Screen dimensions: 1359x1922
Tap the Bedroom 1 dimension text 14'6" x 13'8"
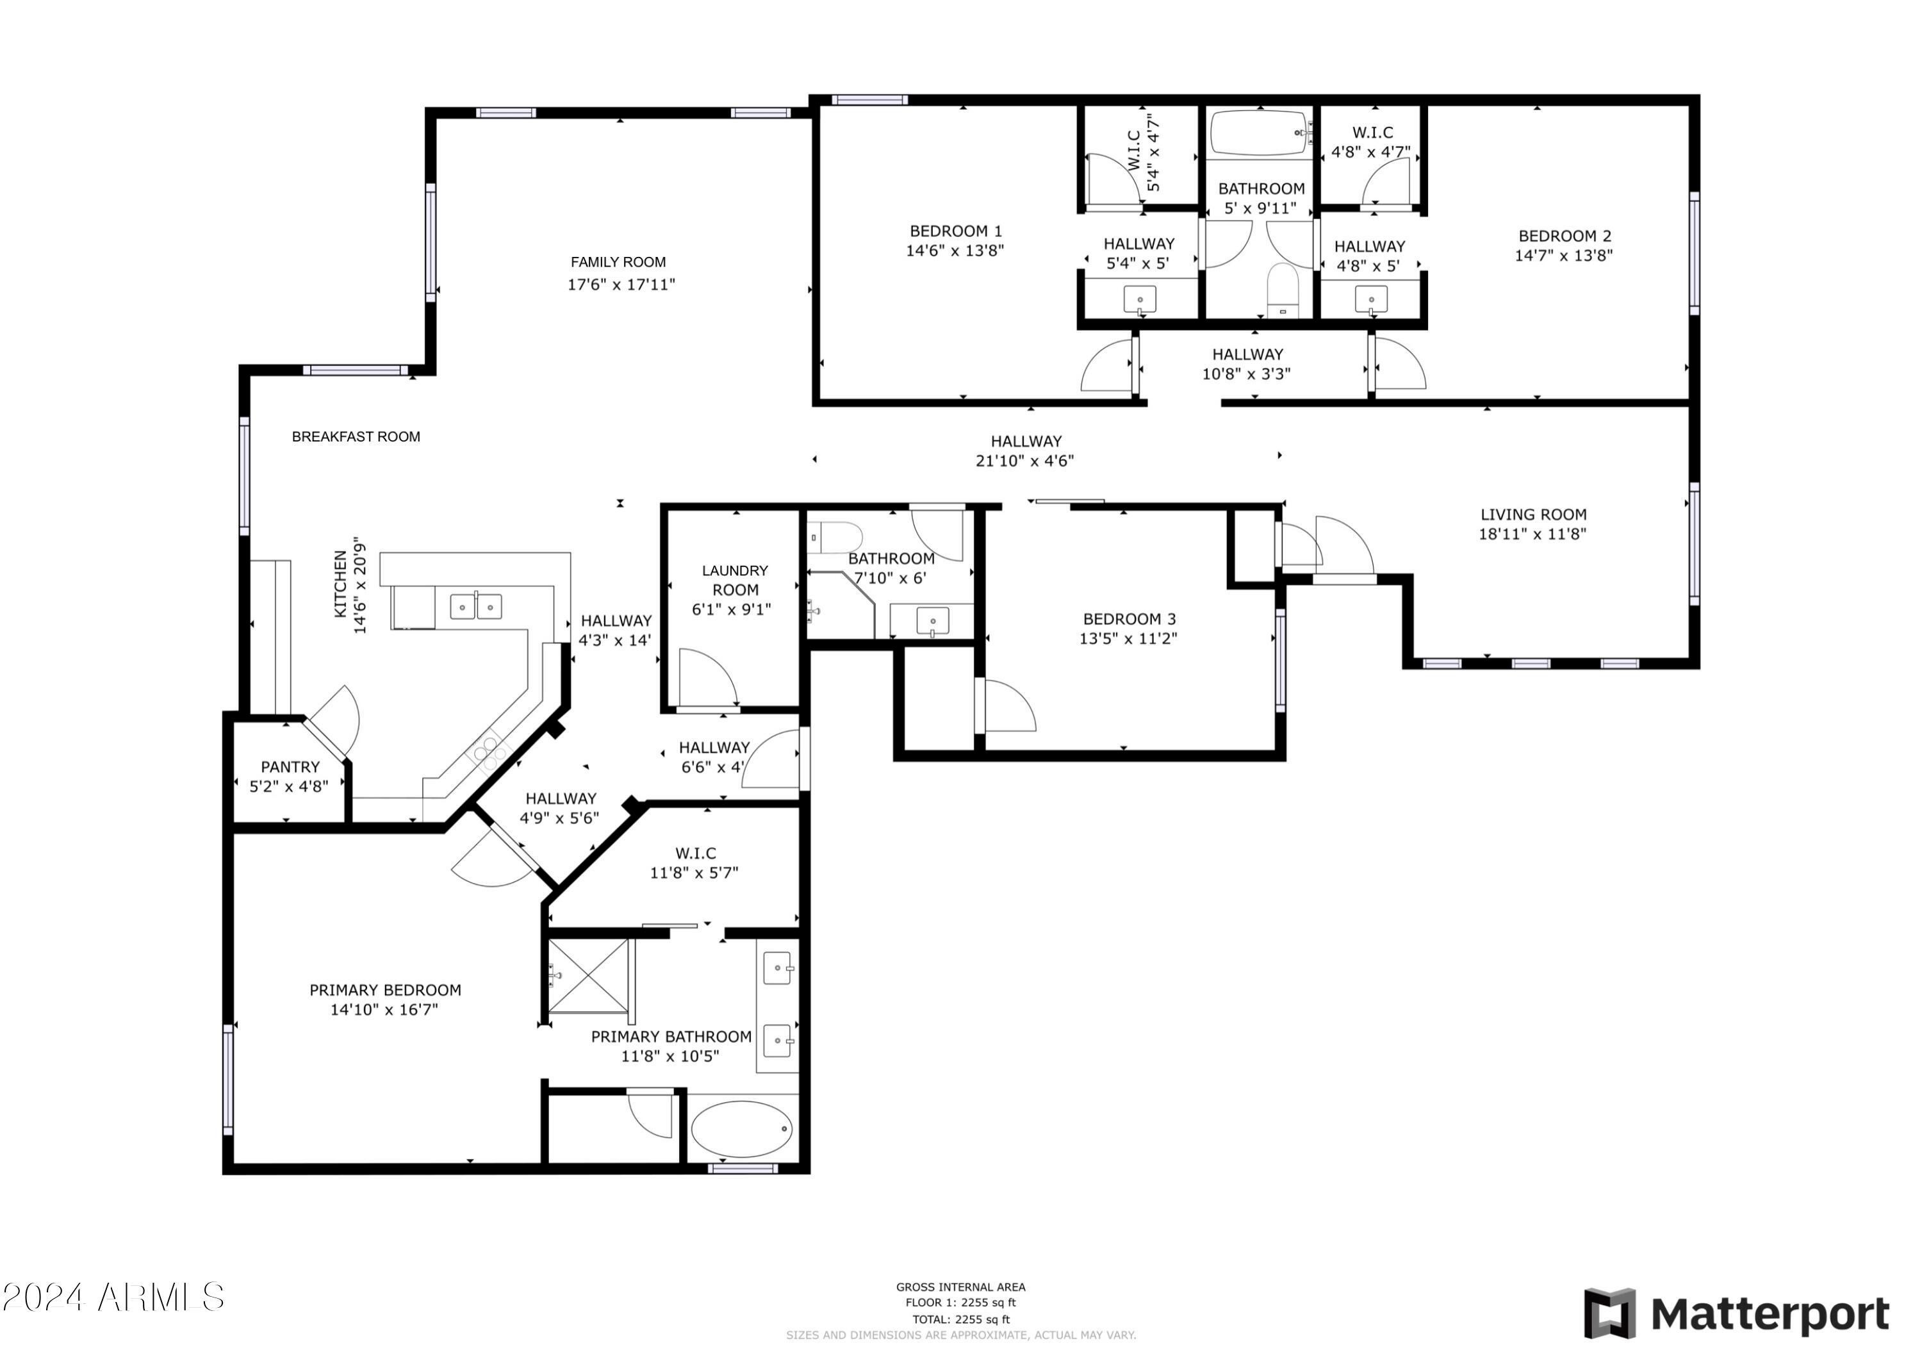pos(955,251)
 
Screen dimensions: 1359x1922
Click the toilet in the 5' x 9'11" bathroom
pos(1281,289)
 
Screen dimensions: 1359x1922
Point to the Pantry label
pos(290,767)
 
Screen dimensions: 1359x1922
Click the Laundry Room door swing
pos(707,677)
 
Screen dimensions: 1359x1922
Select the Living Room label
pos(1532,515)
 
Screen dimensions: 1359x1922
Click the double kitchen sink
pos(475,606)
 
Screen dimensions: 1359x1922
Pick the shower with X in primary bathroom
pos(589,976)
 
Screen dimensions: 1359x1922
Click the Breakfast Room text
pos(356,436)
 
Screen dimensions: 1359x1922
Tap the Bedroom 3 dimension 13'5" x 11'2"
pos(1128,639)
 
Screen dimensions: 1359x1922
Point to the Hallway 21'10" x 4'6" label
pos(1026,450)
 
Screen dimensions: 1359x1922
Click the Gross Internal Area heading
pos(960,1287)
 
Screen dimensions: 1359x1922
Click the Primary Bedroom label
pos(385,991)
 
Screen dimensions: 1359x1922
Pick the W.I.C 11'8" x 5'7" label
pos(694,862)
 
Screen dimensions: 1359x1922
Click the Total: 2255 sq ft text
pos(960,1320)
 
